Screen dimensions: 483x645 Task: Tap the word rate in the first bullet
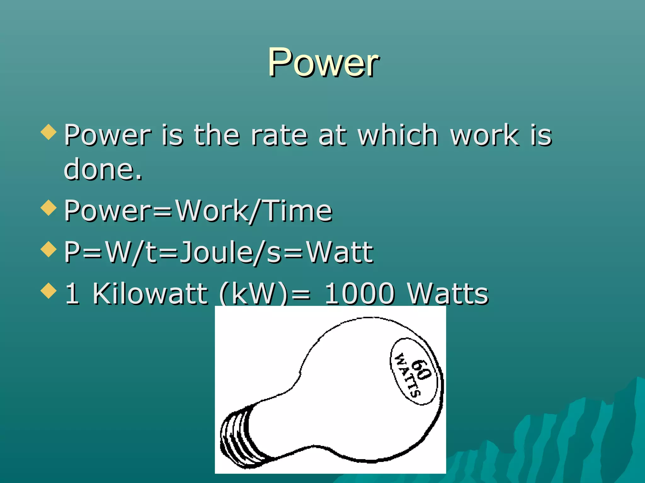coord(279,135)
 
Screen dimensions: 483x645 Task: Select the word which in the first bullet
coord(398,135)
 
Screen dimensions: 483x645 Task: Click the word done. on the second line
coord(103,169)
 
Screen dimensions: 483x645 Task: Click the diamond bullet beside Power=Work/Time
coord(49,208)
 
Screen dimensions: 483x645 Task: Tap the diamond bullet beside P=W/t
coord(49,249)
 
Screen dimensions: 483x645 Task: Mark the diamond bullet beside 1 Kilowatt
coord(49,290)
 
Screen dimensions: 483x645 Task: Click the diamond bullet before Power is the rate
coord(49,132)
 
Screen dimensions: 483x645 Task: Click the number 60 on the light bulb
coord(421,370)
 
